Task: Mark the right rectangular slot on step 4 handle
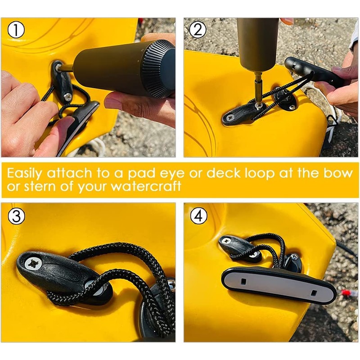click(x=312, y=292)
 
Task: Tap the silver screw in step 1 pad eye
click(x=67, y=96)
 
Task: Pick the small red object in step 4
click(x=346, y=293)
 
